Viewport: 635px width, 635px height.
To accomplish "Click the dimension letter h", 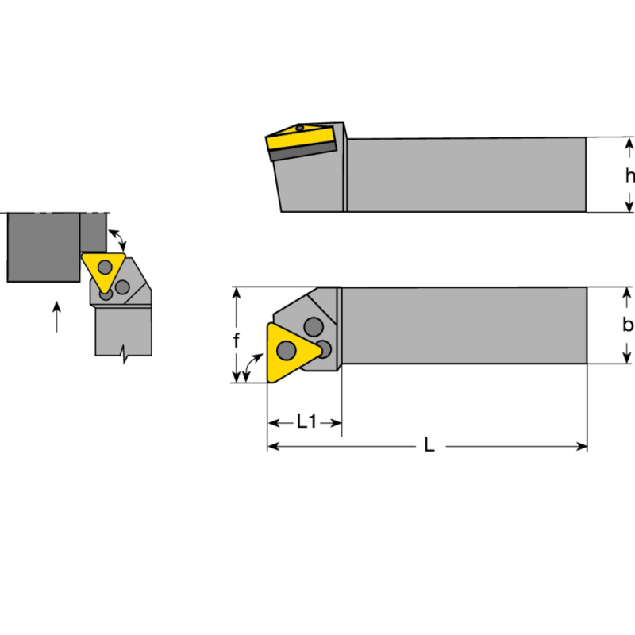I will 629,176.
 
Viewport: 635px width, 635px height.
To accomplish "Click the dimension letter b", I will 628,325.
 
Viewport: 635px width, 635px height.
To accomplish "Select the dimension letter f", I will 236,341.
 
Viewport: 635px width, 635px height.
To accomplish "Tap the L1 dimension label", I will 306,422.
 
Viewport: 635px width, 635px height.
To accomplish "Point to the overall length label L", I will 429,446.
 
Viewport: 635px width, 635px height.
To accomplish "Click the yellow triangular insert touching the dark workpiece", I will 103,270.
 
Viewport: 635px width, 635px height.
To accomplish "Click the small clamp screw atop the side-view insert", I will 300,127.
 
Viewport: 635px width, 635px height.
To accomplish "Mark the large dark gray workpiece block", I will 44,246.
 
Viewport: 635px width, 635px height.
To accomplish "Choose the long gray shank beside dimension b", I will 464,325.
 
